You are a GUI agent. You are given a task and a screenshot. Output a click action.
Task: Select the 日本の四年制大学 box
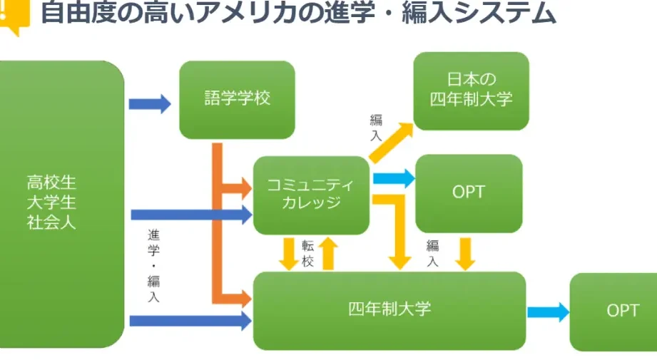tap(471, 91)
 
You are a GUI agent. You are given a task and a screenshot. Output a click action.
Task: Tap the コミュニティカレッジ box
tap(310, 195)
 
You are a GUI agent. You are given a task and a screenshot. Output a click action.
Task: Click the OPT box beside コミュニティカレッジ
tap(468, 192)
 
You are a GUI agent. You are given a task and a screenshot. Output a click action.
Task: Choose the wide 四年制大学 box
tap(389, 310)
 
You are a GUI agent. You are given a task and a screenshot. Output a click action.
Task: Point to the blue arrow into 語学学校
tap(150, 103)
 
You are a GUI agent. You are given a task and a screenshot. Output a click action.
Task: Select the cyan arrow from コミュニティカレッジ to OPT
tap(394, 178)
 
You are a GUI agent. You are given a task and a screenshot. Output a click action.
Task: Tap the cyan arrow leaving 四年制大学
tap(548, 312)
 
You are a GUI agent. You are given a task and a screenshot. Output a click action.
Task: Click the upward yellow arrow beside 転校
tap(328, 254)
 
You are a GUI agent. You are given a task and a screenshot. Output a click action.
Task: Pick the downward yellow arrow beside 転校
tap(289, 254)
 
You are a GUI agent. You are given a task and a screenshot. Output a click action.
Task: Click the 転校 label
tap(308, 254)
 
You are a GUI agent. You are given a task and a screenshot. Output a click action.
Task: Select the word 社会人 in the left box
tap(51, 222)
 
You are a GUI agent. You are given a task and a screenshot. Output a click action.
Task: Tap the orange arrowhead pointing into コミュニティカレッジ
tap(244, 187)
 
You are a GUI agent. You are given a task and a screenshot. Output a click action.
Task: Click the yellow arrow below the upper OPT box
tap(466, 254)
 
